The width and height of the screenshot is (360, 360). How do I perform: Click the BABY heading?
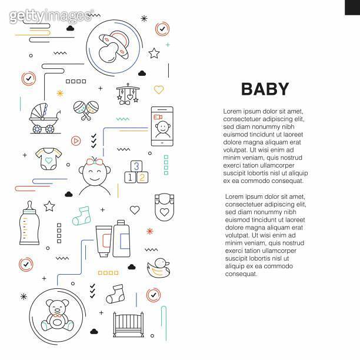265,89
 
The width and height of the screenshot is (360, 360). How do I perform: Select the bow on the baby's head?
92,161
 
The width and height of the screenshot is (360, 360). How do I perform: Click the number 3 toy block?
136,166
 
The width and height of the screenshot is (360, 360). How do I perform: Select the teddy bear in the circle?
58,315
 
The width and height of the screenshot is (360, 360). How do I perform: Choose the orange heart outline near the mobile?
159,90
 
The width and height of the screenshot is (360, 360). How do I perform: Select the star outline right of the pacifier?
154,54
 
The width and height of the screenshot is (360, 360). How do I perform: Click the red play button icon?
76,141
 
